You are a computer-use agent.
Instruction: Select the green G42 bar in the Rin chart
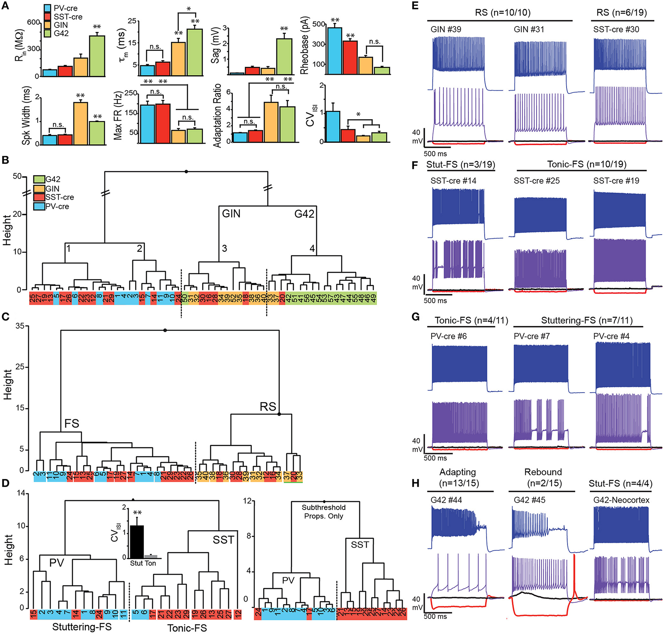(x=97, y=56)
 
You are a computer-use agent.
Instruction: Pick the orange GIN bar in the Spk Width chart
(x=81, y=123)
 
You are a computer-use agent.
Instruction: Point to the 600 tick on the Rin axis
(x=33, y=22)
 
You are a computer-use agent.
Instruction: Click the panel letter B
(x=5, y=160)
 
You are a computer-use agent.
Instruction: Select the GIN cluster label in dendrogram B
(x=231, y=214)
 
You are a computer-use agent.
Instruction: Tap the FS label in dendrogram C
(x=72, y=424)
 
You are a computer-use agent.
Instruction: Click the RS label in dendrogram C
(x=268, y=407)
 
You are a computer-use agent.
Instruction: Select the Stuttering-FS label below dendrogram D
(x=82, y=627)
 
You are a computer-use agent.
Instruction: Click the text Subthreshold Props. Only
(x=324, y=512)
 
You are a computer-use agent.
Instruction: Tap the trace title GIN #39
(x=446, y=29)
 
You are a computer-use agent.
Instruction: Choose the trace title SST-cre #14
(x=453, y=181)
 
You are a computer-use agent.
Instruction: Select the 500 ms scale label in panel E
(x=435, y=154)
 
